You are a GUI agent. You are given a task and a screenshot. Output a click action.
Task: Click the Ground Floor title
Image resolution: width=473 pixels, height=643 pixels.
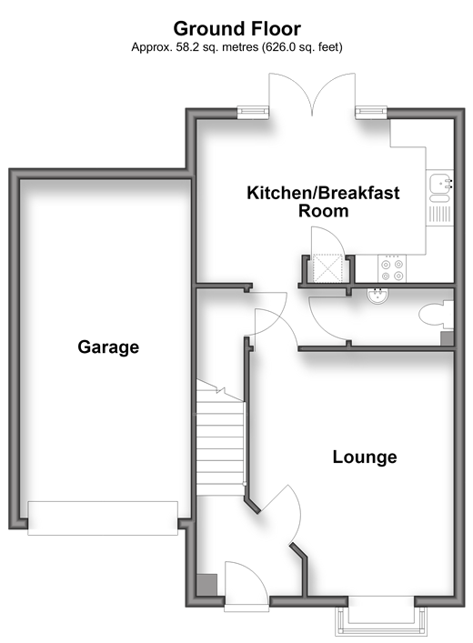coord(236,29)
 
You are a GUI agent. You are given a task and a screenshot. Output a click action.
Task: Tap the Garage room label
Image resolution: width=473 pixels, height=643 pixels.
coord(108,347)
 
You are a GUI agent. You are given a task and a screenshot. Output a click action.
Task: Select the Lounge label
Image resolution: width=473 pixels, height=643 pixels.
coord(365,457)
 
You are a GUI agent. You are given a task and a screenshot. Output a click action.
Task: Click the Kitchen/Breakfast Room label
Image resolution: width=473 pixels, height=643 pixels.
coord(323,202)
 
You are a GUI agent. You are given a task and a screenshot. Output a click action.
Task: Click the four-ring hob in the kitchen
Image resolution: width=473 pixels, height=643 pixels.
coord(392,268)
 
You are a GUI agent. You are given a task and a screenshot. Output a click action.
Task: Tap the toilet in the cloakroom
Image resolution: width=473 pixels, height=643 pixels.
coord(436,315)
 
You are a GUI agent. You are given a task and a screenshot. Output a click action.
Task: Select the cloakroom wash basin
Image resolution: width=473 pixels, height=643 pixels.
coord(377,296)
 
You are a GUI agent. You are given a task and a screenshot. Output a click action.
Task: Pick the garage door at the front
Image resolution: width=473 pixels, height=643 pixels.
coord(103,517)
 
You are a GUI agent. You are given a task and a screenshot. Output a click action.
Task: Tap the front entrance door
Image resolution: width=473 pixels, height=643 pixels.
coord(247,585)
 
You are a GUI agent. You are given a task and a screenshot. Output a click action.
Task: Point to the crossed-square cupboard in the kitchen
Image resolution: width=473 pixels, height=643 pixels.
coord(327,268)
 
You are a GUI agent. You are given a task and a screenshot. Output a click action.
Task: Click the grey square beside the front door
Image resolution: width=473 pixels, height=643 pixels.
coord(206,585)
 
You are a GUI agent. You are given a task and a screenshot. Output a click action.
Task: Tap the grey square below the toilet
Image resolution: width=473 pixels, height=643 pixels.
coord(447,338)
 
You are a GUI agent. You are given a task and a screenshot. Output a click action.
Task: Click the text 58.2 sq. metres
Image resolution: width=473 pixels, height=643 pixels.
coord(217,47)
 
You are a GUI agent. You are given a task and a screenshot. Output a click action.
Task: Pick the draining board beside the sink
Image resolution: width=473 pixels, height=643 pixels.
coord(440,214)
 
